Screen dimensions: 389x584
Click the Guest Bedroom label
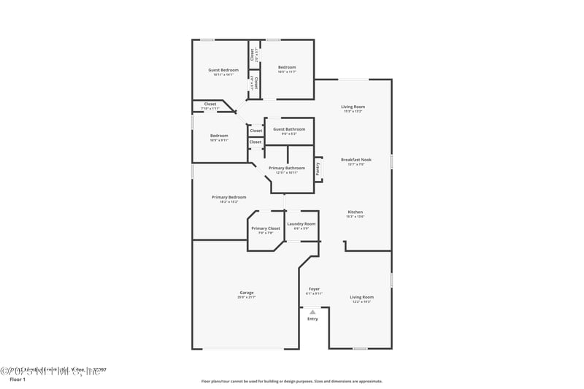click(223, 70)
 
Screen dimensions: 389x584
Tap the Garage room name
click(246, 293)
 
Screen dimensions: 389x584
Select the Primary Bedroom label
click(228, 197)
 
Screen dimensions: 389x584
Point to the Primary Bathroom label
click(287, 168)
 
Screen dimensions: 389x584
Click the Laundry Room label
click(301, 224)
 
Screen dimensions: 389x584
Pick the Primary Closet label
click(266, 228)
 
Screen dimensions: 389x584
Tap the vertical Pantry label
click(318, 168)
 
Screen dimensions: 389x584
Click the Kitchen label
click(355, 212)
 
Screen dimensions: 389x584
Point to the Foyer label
click(314, 289)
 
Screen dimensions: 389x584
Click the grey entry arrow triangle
click(312, 312)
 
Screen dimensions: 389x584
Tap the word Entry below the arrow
click(312, 319)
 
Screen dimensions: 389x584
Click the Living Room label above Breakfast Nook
click(353, 107)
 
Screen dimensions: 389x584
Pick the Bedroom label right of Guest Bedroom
click(287, 67)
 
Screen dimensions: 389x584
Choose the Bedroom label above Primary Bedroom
click(219, 135)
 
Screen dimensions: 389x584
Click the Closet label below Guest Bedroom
click(210, 104)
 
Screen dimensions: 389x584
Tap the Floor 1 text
click(18, 380)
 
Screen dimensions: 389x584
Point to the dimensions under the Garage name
click(246, 298)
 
